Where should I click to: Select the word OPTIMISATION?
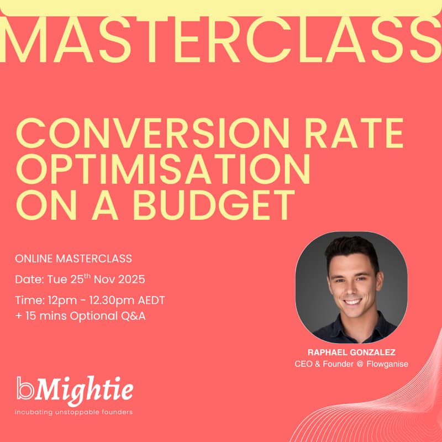pos(163,171)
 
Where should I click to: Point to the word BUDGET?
pos(215,206)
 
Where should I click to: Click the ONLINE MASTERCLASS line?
pos(73,259)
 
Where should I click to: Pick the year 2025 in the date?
pos(132,280)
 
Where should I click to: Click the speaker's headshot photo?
pos(351,287)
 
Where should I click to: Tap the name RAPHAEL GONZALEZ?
pos(351,351)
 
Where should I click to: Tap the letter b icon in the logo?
pos(24,388)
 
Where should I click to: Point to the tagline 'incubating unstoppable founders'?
pos(74,412)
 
